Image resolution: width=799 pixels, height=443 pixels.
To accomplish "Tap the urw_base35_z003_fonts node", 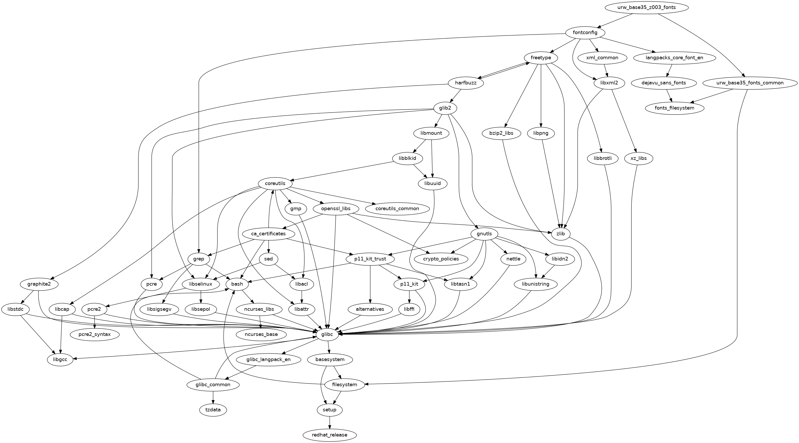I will (x=647, y=7).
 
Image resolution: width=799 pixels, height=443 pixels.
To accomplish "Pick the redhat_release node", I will (x=329, y=435).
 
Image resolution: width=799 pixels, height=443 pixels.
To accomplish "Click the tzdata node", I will (x=213, y=410).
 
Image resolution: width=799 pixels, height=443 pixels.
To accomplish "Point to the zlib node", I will (x=560, y=234).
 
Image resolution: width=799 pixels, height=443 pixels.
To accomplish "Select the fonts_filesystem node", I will (x=675, y=108).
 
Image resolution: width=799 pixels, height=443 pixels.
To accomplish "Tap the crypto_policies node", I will (x=441, y=259).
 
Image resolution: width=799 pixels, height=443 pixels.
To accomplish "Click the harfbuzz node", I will (x=466, y=83).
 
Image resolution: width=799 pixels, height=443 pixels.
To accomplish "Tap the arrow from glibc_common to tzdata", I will (x=213, y=397).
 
